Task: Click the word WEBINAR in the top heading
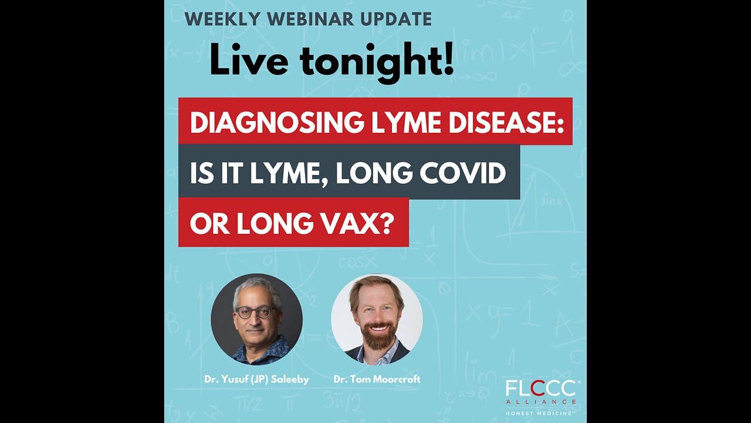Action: click(310, 19)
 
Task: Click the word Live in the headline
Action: click(249, 61)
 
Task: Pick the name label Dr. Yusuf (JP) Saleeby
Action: click(256, 380)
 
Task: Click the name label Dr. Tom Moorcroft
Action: click(377, 380)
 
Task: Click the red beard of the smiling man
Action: click(378, 335)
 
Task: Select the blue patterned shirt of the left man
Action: click(261, 352)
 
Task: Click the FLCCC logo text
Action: click(541, 389)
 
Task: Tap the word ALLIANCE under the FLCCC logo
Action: click(541, 402)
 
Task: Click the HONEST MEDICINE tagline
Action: click(540, 413)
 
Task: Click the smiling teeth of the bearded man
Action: click(379, 327)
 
